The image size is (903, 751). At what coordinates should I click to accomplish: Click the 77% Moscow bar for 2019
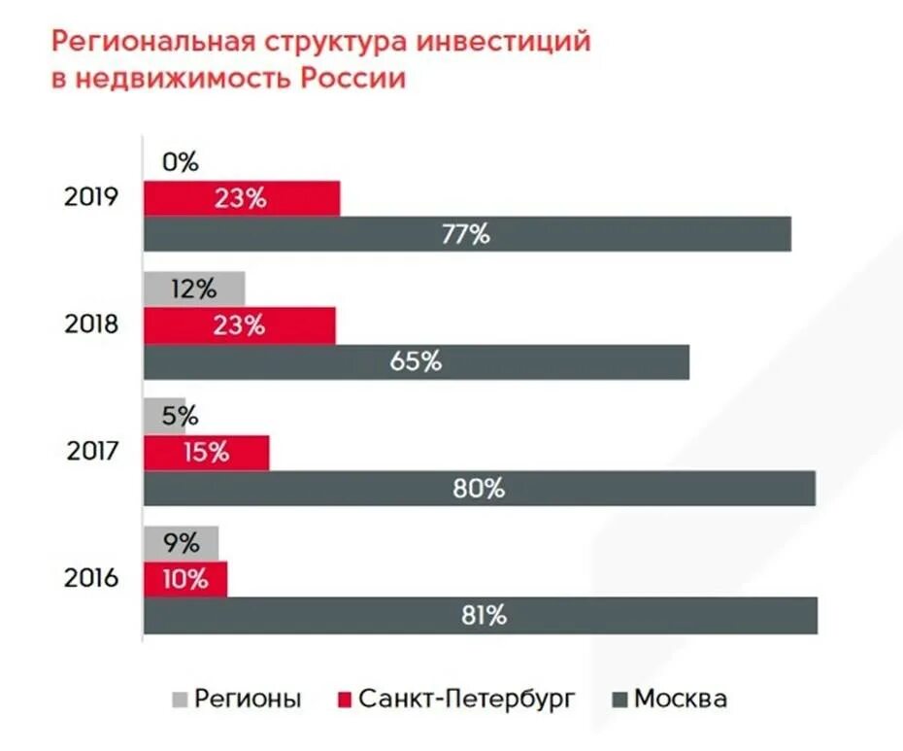[467, 234]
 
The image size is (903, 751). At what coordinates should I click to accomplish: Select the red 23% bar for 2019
[242, 198]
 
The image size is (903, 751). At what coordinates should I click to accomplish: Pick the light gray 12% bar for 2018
[194, 289]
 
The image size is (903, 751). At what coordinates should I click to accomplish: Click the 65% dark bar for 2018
[417, 361]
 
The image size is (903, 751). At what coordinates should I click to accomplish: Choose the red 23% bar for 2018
[240, 325]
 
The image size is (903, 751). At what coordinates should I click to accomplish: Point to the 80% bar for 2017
[479, 488]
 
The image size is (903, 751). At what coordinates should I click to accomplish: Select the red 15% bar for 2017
[206, 452]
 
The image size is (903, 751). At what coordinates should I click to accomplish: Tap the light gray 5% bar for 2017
[164, 416]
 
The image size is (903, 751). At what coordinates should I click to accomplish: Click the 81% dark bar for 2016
[480, 615]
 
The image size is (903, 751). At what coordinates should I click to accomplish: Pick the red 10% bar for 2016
[185, 579]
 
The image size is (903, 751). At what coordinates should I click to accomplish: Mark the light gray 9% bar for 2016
[181, 543]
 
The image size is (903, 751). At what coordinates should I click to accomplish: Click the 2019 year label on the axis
[91, 197]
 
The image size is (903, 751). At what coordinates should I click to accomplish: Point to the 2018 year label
[91, 324]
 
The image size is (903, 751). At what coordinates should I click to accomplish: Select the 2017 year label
[91, 451]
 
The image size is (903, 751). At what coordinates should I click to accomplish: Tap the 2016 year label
[91, 578]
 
